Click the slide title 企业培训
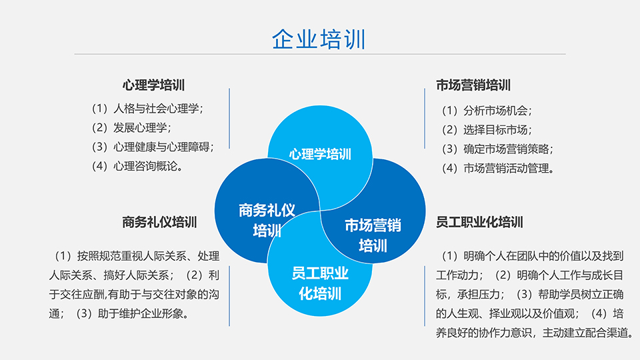pyautogui.click(x=319, y=39)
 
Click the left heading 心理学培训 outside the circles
pyautogui.click(x=153, y=85)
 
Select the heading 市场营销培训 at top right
pyautogui.click(x=473, y=85)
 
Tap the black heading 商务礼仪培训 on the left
pyautogui.click(x=159, y=222)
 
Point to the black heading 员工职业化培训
pyautogui.click(x=479, y=222)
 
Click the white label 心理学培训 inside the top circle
pyautogui.click(x=320, y=154)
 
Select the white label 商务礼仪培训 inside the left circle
pyautogui.click(x=267, y=221)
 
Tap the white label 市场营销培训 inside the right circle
pyautogui.click(x=373, y=235)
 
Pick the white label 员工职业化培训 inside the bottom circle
pyautogui.click(x=320, y=283)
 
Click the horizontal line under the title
pyautogui.click(x=320, y=54)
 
